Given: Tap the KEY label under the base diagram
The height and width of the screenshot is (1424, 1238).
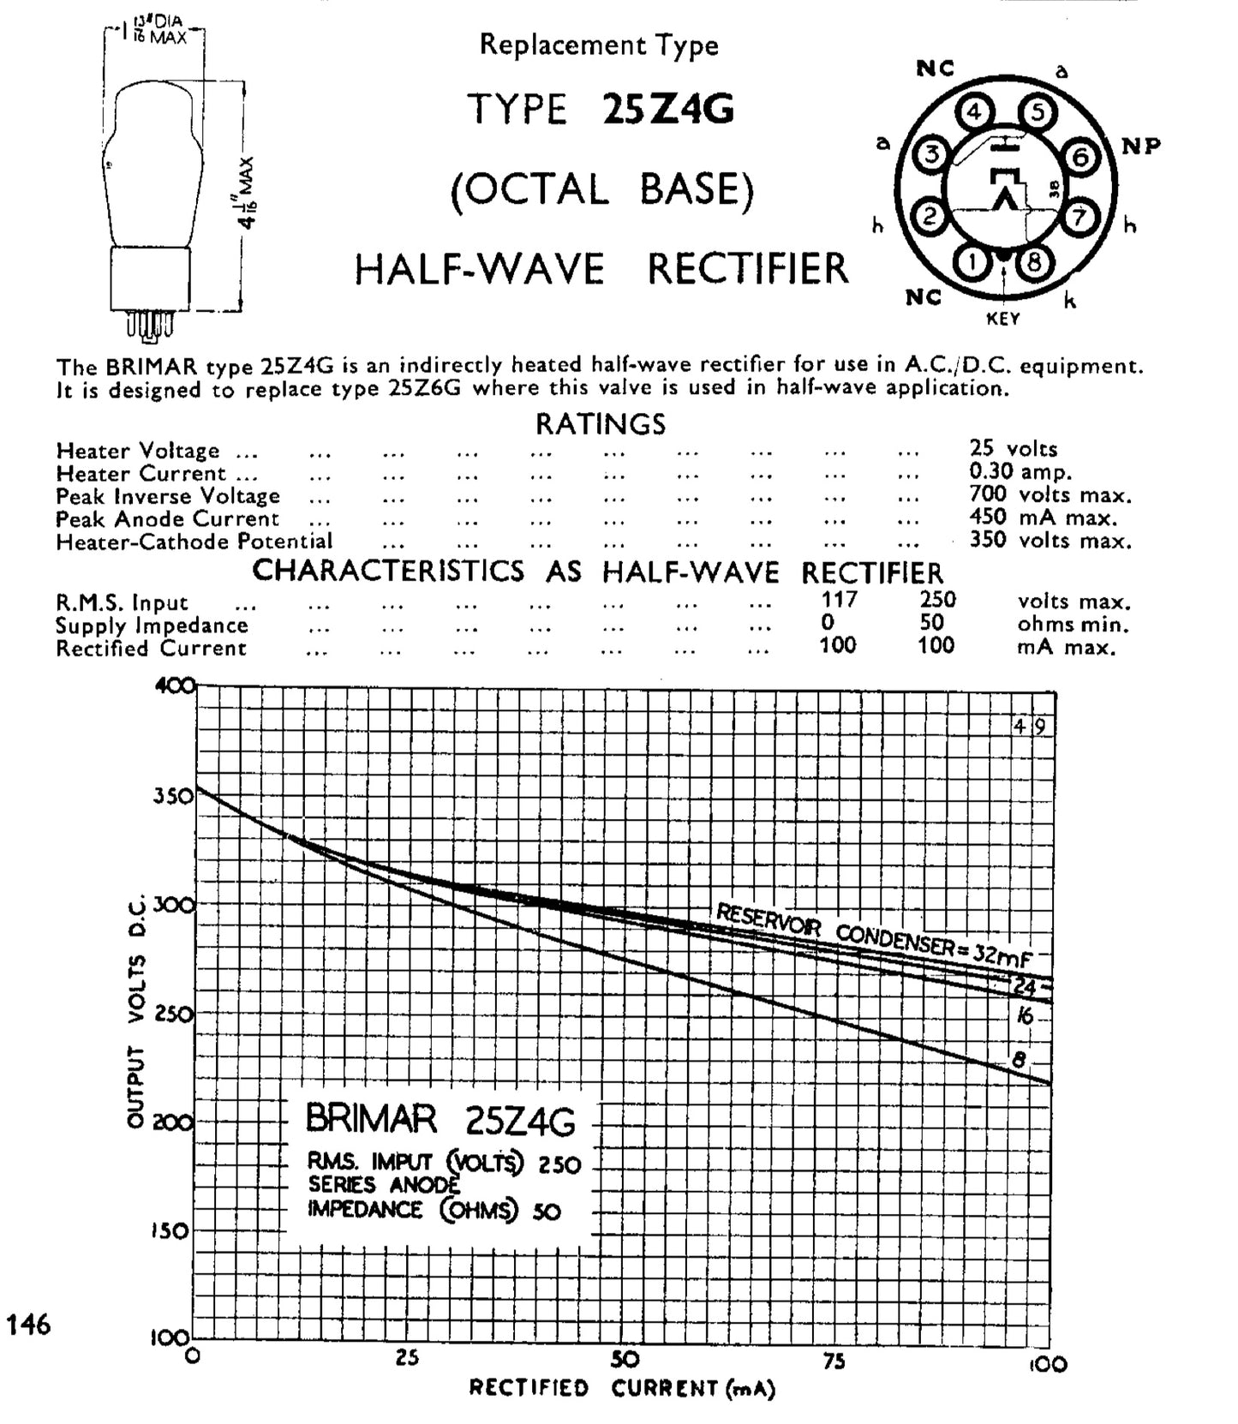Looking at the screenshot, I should tap(1003, 319).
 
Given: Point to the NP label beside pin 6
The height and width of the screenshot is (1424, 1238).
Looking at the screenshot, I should tap(1141, 147).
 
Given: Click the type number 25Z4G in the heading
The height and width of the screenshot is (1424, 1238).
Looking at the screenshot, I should tap(668, 111).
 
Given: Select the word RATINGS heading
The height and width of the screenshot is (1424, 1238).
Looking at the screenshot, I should tap(601, 424).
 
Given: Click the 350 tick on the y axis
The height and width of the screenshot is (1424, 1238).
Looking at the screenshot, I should tap(174, 796).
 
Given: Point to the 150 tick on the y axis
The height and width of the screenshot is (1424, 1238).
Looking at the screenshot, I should tap(174, 1231).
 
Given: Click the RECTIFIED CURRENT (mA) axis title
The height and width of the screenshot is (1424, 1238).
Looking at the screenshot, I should tap(622, 1389).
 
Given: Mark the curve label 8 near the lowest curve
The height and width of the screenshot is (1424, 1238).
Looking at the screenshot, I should tap(1019, 1060).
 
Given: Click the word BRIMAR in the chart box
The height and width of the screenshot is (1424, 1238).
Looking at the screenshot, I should tap(371, 1119).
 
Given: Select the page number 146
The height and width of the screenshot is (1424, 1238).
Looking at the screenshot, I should tap(28, 1325).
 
